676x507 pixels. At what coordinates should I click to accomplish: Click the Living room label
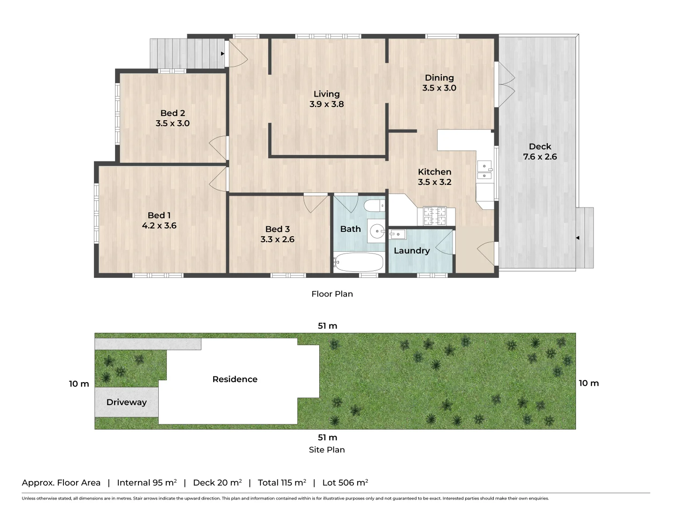pyautogui.click(x=326, y=94)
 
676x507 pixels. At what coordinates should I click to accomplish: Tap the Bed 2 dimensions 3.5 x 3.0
pyautogui.click(x=172, y=123)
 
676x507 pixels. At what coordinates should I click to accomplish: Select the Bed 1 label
pyautogui.click(x=159, y=215)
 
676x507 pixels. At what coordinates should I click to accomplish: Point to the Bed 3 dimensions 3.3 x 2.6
pyautogui.click(x=277, y=239)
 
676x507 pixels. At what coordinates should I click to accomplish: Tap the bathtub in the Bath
pyautogui.click(x=360, y=262)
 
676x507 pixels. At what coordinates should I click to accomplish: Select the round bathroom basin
pyautogui.click(x=376, y=231)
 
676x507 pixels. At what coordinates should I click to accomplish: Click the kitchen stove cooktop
pyautogui.click(x=435, y=216)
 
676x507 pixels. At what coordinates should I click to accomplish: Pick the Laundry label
pyautogui.click(x=412, y=251)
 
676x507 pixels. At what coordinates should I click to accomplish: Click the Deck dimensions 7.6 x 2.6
pyautogui.click(x=540, y=157)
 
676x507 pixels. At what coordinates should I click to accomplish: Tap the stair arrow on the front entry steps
pyautogui.click(x=223, y=54)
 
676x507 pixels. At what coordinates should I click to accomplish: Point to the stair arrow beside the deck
pyautogui.click(x=577, y=238)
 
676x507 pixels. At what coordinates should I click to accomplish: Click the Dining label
pyautogui.click(x=439, y=77)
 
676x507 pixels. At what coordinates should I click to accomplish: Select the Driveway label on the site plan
pyautogui.click(x=126, y=402)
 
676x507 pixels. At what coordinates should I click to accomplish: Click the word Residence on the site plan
pyautogui.click(x=235, y=379)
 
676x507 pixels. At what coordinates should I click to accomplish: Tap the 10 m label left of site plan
pyautogui.click(x=79, y=384)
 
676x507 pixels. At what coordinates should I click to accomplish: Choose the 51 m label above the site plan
pyautogui.click(x=327, y=326)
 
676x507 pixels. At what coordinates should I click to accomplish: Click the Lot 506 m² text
pyautogui.click(x=345, y=483)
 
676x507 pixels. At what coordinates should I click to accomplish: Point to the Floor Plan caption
pyautogui.click(x=332, y=294)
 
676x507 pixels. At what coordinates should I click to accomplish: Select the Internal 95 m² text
pyautogui.click(x=146, y=483)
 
